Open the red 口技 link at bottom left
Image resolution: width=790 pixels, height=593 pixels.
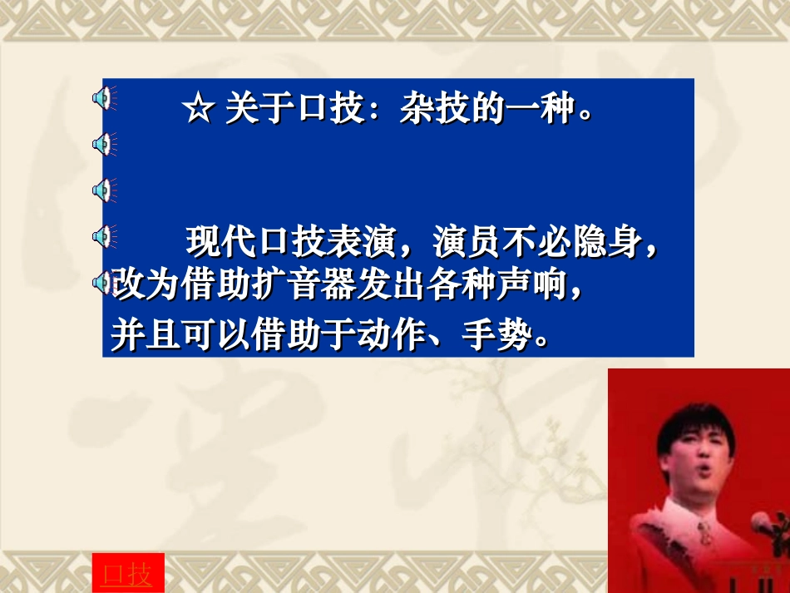[128, 574]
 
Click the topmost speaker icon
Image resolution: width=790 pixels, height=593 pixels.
[103, 101]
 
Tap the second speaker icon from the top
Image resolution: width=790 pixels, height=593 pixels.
[103, 146]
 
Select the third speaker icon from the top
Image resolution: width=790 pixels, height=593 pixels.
[103, 191]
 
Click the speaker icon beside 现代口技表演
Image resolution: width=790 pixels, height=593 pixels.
[103, 237]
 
